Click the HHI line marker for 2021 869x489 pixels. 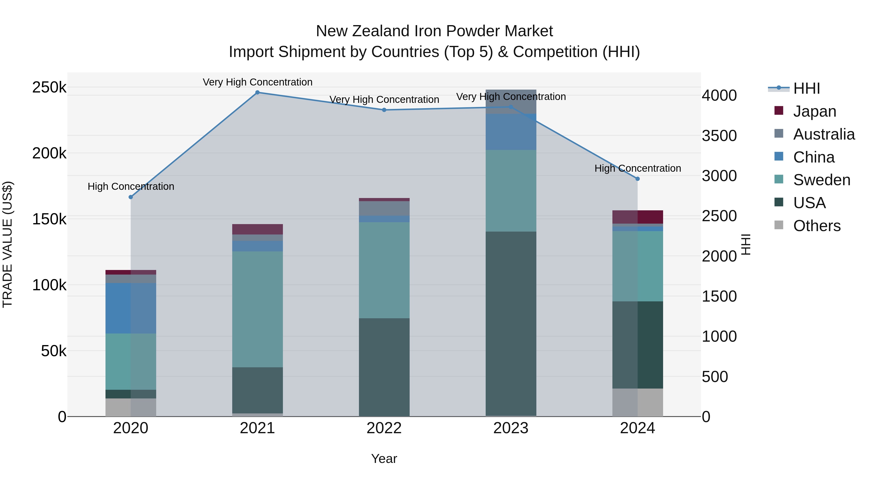click(x=257, y=92)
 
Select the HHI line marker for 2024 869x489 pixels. click(x=637, y=179)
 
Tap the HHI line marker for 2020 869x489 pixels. click(x=131, y=197)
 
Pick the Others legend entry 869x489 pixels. click(x=816, y=226)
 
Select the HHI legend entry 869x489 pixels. click(x=806, y=88)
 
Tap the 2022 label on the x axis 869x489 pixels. click(x=384, y=428)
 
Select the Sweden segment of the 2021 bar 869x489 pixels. click(x=257, y=309)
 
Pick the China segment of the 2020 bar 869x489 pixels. click(x=131, y=308)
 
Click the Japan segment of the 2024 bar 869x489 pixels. click(x=638, y=217)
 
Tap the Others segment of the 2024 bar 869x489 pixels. click(x=638, y=402)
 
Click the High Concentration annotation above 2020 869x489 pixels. click(x=131, y=186)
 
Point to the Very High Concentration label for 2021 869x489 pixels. click(x=257, y=82)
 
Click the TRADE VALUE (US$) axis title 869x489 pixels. click(x=7, y=244)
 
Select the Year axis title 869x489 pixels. click(x=384, y=459)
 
